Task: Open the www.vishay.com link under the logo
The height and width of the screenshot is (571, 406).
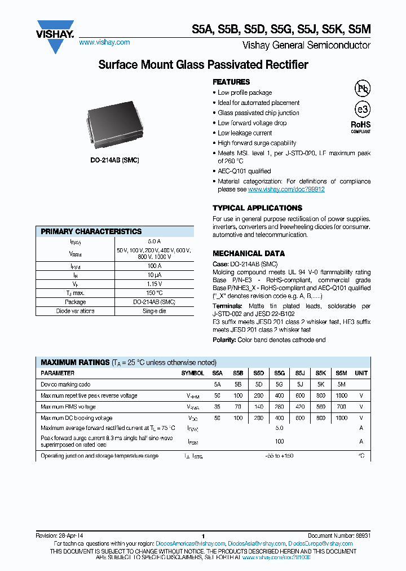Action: click(x=104, y=42)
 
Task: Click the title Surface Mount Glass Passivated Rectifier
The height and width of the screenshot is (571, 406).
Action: click(x=203, y=65)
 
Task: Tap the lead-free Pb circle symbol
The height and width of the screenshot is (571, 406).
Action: click(x=362, y=88)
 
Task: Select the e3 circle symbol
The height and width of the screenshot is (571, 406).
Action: click(x=362, y=109)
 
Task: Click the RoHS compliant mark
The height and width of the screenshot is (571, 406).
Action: click(x=361, y=126)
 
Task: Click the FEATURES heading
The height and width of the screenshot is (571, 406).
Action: click(x=231, y=82)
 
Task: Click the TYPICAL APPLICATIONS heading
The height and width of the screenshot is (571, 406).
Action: click(x=257, y=208)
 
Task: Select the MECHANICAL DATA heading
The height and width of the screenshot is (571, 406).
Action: click(x=249, y=253)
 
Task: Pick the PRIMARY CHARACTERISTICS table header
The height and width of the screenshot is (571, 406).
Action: click(x=91, y=231)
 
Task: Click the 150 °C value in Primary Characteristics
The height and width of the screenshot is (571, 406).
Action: click(x=151, y=293)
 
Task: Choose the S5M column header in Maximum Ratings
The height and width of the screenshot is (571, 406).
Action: click(x=341, y=373)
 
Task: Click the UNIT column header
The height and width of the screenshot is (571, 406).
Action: click(x=361, y=373)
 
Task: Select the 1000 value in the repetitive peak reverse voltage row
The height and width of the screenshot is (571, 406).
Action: click(x=341, y=396)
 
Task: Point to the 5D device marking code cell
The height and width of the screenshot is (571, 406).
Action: click(x=258, y=384)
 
